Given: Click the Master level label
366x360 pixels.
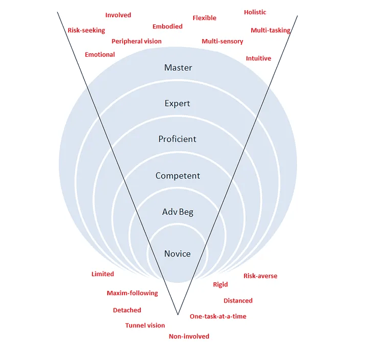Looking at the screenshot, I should [178, 68].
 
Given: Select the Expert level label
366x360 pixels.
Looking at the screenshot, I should [177, 103].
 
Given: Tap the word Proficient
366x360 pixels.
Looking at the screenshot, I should [177, 139].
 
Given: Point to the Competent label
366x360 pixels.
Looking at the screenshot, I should [178, 176].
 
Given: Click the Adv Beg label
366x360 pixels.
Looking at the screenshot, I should [177, 212].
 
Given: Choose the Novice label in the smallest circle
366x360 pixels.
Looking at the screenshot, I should [177, 253].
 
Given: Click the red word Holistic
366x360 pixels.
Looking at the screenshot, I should [255, 12].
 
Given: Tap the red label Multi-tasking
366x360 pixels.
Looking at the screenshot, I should [270, 30].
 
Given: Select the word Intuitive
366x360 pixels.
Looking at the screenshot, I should [258, 58].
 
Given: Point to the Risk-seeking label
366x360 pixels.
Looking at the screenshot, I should [86, 30].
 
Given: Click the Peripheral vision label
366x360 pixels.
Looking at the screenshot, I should [136, 41].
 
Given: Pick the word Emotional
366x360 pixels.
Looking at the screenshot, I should [100, 54].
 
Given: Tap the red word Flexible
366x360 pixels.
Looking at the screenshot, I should [204, 18].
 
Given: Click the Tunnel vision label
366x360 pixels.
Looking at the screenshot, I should [145, 325].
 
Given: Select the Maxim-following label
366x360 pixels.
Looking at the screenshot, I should [132, 293].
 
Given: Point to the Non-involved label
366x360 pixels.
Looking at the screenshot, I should [189, 336].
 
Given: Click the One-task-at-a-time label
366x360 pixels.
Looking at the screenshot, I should [218, 316].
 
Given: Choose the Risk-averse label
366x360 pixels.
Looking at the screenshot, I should [260, 276].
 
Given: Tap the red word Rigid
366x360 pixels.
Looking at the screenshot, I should [220, 284].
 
